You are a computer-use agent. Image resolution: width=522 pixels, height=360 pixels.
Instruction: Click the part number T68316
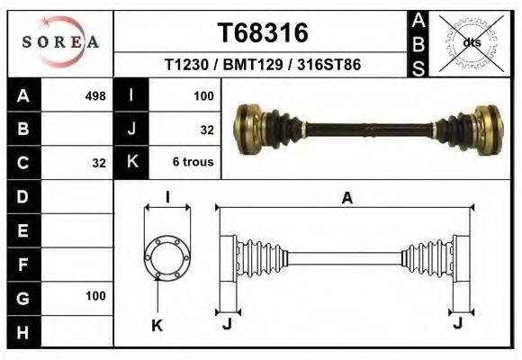click(263, 33)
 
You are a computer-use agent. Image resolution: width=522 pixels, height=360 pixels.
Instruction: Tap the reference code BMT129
click(249, 66)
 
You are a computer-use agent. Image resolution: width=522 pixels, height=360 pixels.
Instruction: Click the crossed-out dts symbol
click(471, 41)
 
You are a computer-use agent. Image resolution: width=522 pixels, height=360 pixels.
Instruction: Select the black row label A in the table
click(22, 94)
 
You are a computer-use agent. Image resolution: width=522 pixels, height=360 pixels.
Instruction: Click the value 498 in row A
click(95, 94)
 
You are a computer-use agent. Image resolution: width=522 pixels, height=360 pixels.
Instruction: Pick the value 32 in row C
click(99, 164)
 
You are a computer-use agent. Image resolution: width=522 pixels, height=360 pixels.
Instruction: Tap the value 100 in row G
click(95, 295)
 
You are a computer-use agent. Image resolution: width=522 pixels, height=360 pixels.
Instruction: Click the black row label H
click(22, 331)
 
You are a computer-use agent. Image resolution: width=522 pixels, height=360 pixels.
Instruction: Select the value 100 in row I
click(203, 94)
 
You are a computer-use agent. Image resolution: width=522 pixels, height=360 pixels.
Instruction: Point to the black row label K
click(132, 163)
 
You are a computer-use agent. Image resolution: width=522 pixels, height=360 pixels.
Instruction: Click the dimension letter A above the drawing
click(346, 199)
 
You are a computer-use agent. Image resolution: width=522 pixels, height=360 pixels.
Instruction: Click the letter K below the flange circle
click(157, 325)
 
